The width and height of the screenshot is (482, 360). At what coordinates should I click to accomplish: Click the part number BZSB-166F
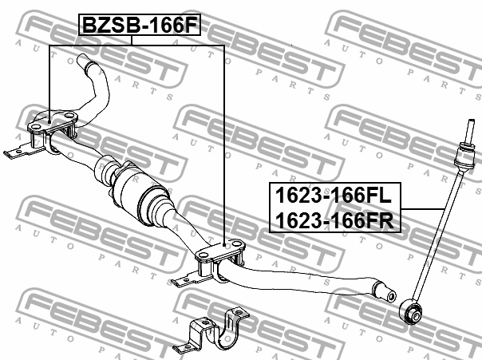pyautogui.click(x=140, y=25)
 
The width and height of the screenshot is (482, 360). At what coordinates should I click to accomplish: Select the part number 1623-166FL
pyautogui.click(x=334, y=196)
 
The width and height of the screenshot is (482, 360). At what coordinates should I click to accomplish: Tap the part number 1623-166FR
pyautogui.click(x=334, y=220)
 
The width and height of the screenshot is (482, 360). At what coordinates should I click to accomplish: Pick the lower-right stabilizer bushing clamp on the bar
pyautogui.click(x=220, y=259)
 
